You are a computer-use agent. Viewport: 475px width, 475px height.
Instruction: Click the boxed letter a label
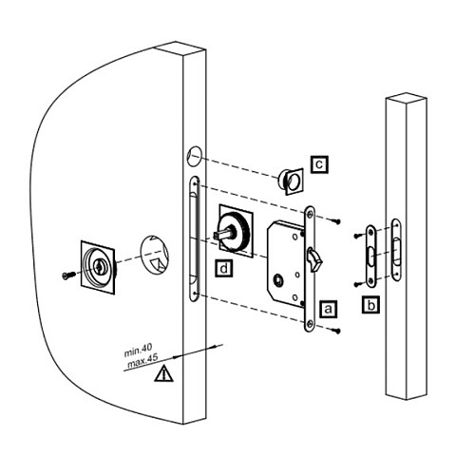(x=328, y=309)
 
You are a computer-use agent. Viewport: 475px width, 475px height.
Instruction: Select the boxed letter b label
(x=370, y=305)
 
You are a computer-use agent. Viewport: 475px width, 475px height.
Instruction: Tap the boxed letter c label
(x=319, y=164)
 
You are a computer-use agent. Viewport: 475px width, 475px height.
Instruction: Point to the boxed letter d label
(x=223, y=269)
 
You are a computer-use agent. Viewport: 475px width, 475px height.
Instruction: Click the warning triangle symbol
(x=163, y=373)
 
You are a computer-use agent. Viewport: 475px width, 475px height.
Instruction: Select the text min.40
(x=138, y=351)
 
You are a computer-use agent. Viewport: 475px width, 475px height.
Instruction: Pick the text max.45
(x=142, y=362)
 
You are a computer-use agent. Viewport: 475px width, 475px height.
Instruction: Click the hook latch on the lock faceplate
(x=314, y=259)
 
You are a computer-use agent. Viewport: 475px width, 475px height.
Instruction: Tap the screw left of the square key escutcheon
(x=69, y=275)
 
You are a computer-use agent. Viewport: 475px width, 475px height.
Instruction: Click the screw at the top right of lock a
(x=335, y=220)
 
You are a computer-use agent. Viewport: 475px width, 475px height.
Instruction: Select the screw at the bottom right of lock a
(x=335, y=331)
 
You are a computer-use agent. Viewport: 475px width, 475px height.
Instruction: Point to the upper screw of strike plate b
(x=358, y=236)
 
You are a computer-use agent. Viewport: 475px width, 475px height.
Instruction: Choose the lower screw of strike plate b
(x=358, y=284)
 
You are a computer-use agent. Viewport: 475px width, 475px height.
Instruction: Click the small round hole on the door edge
(x=195, y=156)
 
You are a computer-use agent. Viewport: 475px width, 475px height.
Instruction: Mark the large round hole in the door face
(x=154, y=255)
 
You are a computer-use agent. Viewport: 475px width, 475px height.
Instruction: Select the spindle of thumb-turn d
(x=223, y=234)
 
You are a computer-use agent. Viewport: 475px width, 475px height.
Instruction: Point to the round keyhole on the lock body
(x=278, y=281)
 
